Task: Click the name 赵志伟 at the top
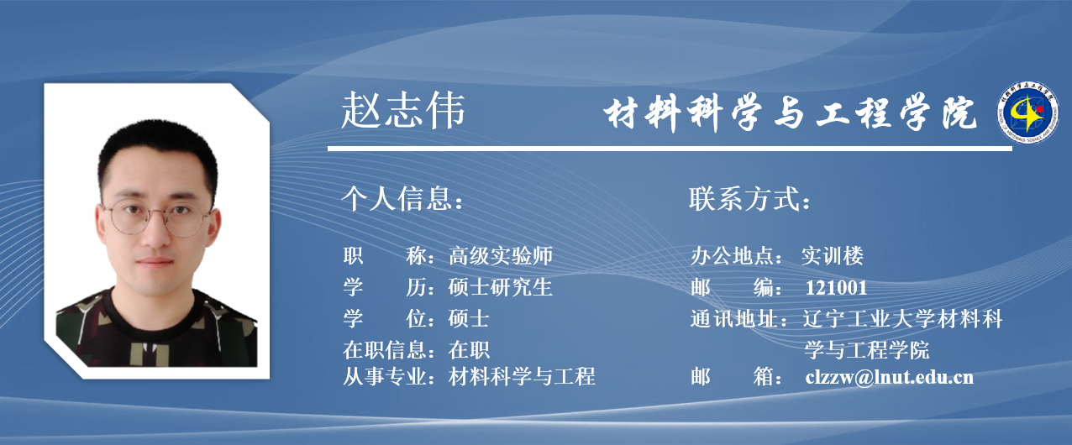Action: tap(403, 110)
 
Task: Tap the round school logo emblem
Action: tap(1028, 113)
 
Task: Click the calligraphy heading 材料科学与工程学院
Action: tap(790, 113)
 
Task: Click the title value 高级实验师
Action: tap(501, 255)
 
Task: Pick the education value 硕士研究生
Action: tap(501, 287)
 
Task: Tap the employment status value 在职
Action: tap(469, 350)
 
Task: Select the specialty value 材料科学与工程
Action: tap(522, 376)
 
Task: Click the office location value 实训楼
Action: tap(833, 255)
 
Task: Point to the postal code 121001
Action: tap(837, 288)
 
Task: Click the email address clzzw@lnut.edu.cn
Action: tap(889, 377)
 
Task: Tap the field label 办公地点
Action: tap(733, 255)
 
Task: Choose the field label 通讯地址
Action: tap(733, 319)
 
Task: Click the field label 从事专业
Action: tap(384, 376)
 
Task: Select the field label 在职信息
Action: tap(384, 350)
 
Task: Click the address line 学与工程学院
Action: tap(867, 350)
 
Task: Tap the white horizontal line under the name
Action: tap(670, 149)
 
